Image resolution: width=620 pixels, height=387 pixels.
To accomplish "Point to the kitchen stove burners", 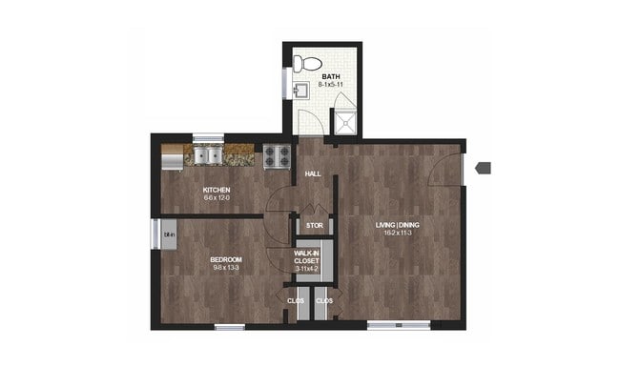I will [277, 154].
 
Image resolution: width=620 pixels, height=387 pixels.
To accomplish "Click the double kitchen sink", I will [207, 154].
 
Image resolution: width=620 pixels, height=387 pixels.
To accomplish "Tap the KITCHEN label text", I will [217, 190].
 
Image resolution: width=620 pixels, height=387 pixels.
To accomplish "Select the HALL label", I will [312, 175].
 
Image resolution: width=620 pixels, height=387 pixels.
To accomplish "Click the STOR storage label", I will [314, 226].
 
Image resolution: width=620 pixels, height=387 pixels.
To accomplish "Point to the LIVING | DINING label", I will [398, 225].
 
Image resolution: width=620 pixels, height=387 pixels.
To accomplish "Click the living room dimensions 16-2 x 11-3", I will [398, 234].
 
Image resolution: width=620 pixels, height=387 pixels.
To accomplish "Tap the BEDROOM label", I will [226, 259].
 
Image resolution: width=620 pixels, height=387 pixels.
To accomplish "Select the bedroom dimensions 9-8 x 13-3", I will [226, 269].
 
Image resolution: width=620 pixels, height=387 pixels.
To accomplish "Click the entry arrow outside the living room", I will [483, 168].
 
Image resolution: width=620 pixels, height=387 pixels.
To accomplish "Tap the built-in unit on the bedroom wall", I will [167, 234].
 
